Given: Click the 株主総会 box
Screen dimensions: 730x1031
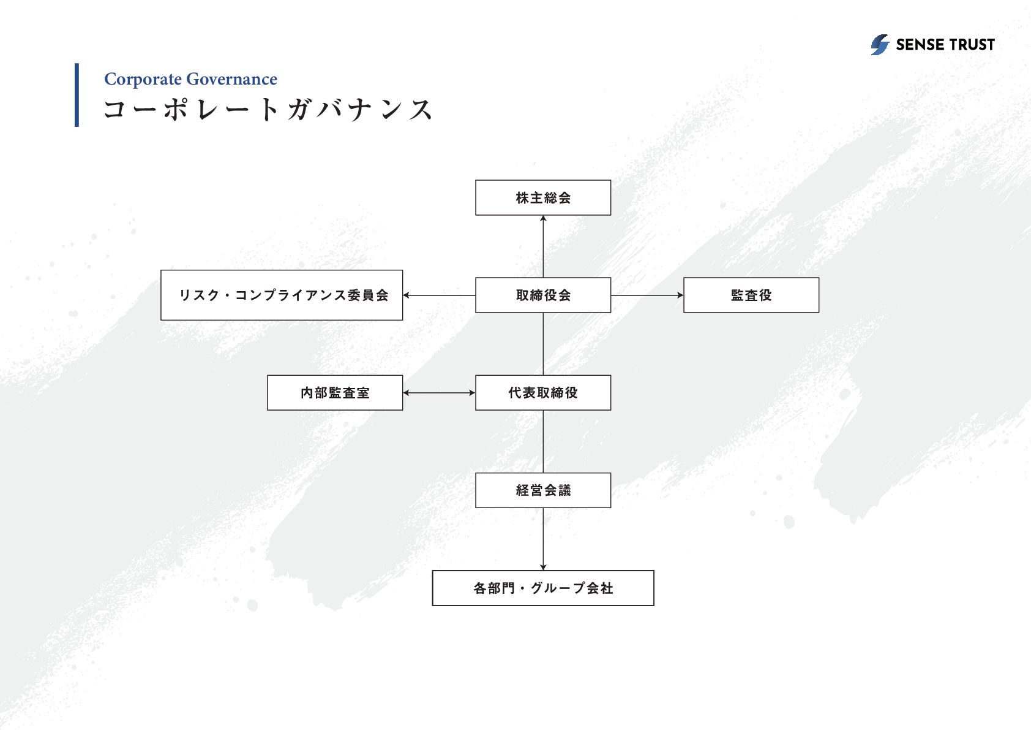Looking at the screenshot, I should click(x=543, y=198).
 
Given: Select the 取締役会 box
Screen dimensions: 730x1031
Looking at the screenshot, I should click(x=543, y=295).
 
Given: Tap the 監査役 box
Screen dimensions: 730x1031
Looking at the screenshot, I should click(x=751, y=295).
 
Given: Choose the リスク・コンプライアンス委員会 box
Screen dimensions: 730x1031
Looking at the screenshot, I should click(x=282, y=295).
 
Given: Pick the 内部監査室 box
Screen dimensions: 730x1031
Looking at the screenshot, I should click(x=335, y=393).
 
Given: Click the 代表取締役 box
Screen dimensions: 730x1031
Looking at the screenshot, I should click(x=543, y=393).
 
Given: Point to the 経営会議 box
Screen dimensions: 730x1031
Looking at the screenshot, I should click(x=543, y=490).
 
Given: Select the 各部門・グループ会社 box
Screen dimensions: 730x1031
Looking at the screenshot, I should click(x=543, y=588).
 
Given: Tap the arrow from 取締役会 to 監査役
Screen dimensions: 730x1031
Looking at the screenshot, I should click(x=647, y=295).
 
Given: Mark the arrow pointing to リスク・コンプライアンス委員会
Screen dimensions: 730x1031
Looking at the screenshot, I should click(x=439, y=295).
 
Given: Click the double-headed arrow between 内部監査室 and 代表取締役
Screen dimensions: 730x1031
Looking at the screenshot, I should click(x=439, y=393).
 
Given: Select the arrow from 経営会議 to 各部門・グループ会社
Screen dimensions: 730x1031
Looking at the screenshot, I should click(x=543, y=539).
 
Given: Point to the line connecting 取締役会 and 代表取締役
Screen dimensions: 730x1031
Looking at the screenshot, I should click(x=543, y=344).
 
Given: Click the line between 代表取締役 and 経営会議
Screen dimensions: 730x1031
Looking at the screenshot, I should click(x=543, y=441).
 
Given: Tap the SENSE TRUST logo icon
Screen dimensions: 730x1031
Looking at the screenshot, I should click(x=880, y=45).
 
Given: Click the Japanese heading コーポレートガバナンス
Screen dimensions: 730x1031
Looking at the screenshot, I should click(x=268, y=110).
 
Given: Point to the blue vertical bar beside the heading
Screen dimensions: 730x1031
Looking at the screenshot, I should click(x=77, y=95).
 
